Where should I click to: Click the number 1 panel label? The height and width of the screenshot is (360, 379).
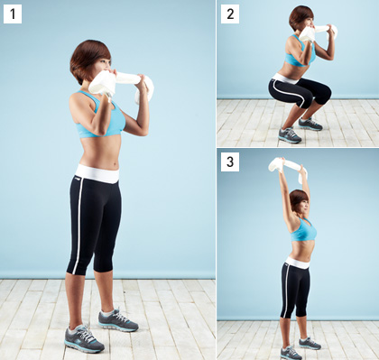pyautogui.click(x=13, y=14)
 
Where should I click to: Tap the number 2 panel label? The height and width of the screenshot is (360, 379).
pyautogui.click(x=230, y=14)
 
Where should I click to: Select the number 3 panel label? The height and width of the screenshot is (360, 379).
pyautogui.click(x=230, y=162)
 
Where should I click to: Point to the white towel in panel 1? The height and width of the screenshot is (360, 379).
pyautogui.click(x=120, y=84)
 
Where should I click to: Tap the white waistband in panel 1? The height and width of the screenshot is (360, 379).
pyautogui.click(x=97, y=173)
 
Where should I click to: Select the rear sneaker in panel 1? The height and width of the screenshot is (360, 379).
pyautogui.click(x=118, y=320)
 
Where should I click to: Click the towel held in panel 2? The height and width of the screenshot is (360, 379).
pyautogui.click(x=318, y=32)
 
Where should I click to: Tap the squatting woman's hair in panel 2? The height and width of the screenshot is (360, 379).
pyautogui.click(x=300, y=17)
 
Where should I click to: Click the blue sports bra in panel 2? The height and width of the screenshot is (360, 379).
pyautogui.click(x=300, y=54)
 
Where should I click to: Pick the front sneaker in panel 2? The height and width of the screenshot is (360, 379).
pyautogui.click(x=290, y=135)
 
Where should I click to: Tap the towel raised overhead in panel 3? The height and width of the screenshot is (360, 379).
pyautogui.click(x=287, y=167)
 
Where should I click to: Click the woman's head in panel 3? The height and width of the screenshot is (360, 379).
pyautogui.click(x=299, y=201)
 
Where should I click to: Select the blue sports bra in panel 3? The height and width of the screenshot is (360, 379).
pyautogui.click(x=304, y=230)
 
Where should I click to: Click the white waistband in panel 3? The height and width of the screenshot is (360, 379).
pyautogui.click(x=298, y=263)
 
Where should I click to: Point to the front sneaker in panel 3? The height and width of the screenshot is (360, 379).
pyautogui.click(x=291, y=353)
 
